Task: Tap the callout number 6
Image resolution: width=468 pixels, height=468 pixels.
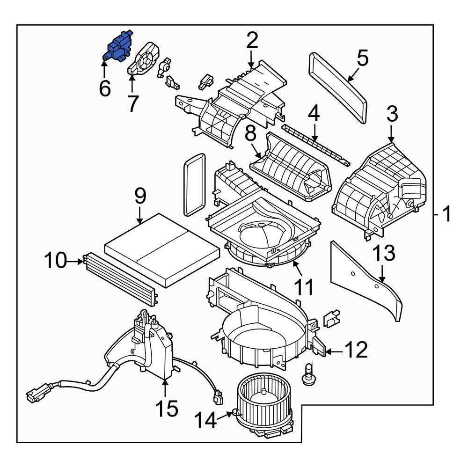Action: (105, 88)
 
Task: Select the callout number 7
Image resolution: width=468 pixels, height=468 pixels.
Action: (133, 104)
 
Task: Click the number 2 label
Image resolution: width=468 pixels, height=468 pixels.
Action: (252, 41)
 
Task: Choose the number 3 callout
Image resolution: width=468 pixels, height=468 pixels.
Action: (392, 114)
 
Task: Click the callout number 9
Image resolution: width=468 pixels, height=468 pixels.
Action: (140, 197)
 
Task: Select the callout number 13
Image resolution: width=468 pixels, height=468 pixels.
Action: (384, 254)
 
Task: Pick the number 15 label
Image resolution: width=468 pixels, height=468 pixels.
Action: (167, 408)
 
